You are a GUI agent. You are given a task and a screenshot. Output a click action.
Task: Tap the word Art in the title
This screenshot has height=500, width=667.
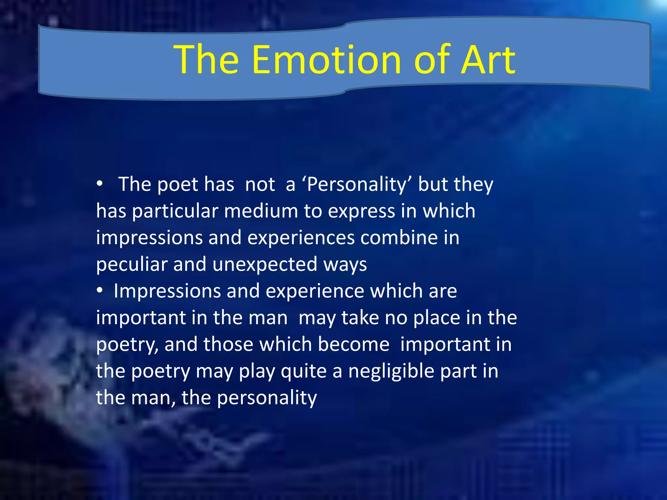click(489, 60)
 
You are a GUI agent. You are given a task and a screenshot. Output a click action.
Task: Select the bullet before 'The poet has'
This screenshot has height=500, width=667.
click(100, 184)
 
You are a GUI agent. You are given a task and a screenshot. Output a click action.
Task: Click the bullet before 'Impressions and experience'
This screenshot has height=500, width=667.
click(100, 290)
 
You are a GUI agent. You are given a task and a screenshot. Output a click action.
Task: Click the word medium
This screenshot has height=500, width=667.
click(261, 211)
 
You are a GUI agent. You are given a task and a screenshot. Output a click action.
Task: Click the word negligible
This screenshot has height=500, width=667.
click(391, 371)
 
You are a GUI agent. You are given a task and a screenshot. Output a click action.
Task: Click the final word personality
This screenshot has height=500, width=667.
click(267, 398)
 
